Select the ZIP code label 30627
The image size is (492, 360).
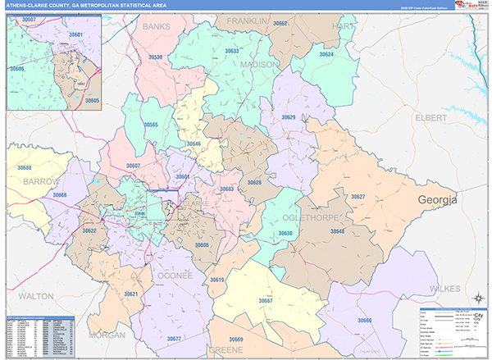(x=358, y=197)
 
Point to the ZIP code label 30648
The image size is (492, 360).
(x=338, y=232)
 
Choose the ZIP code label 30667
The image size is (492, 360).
(x=266, y=301)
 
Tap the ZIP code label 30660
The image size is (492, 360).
(x=364, y=320)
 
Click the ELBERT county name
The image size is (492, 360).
(x=430, y=118)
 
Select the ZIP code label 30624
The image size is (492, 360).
(x=326, y=54)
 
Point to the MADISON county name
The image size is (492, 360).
(x=260, y=64)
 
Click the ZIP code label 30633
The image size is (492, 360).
(x=231, y=51)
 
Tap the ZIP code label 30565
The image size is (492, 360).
(x=151, y=125)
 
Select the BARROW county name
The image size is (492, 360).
(x=41, y=180)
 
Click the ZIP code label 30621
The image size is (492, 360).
(x=131, y=293)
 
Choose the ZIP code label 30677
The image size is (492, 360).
(x=174, y=339)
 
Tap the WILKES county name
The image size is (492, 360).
(x=448, y=289)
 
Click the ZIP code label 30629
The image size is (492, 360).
(x=289, y=117)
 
